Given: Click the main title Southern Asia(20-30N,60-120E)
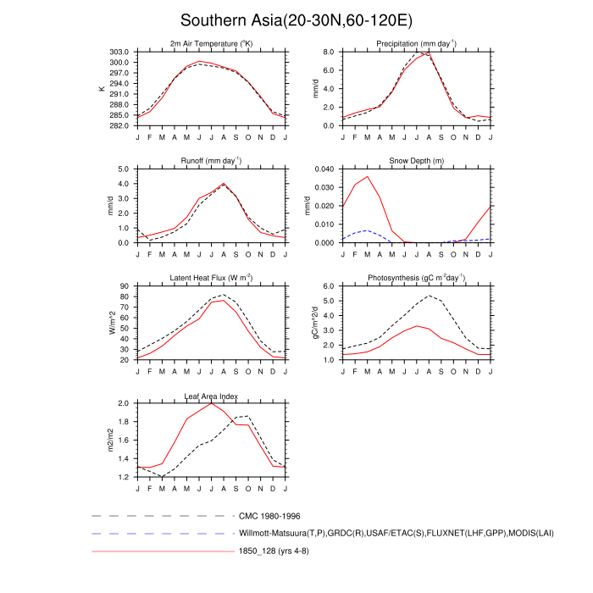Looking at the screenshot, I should pos(296,20).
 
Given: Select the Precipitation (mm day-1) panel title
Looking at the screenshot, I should pos(417,43).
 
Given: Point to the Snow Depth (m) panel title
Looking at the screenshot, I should pos(417,160).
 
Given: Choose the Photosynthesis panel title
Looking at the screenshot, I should pos(417,278).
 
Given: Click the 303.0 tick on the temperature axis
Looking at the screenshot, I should pos(119,52).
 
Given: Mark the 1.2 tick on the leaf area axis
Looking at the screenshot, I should pos(122,477).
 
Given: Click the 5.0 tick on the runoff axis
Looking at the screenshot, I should pos(122,169).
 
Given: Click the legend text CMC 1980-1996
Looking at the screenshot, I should pos(269,516).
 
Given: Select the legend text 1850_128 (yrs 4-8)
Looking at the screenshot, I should pos(280,551).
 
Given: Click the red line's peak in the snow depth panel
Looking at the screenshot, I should pos(367,176).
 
